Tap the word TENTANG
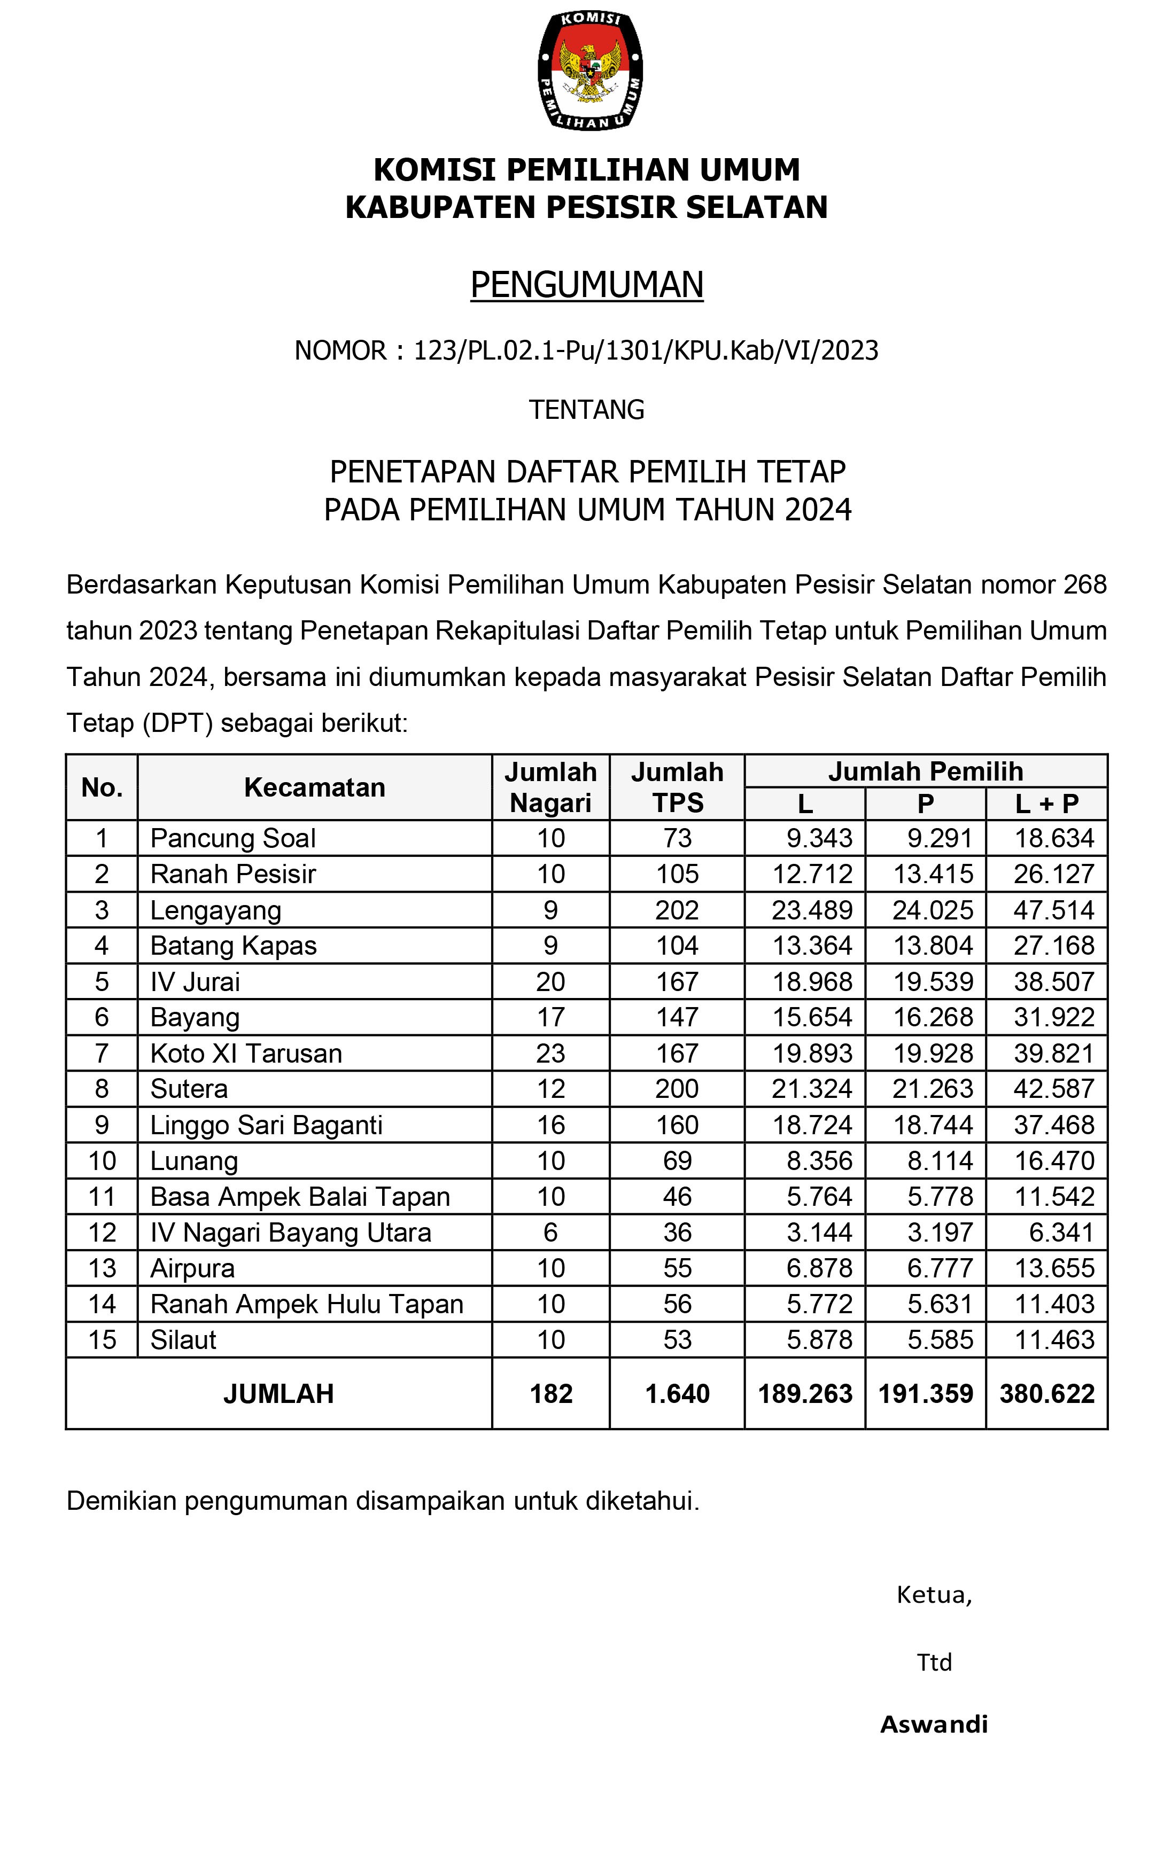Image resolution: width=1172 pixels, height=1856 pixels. [x=587, y=409]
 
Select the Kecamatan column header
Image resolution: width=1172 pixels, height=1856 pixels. [x=315, y=787]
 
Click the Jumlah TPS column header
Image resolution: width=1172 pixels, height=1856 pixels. [x=677, y=787]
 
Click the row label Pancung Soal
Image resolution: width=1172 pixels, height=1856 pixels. [x=233, y=838]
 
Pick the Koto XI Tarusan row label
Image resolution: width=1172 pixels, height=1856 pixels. [x=246, y=1053]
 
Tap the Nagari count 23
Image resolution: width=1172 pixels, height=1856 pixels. [x=550, y=1053]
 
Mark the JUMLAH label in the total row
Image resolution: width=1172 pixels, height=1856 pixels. [x=278, y=1393]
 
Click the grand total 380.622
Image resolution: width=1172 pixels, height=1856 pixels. [x=1047, y=1393]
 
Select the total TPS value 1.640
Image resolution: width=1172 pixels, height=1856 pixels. [x=677, y=1393]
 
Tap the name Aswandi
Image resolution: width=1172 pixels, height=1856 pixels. [x=934, y=1724]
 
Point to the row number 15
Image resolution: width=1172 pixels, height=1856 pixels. [x=102, y=1339]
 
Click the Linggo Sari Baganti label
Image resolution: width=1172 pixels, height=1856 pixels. [x=266, y=1125]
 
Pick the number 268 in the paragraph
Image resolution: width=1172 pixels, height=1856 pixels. [x=1085, y=585]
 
